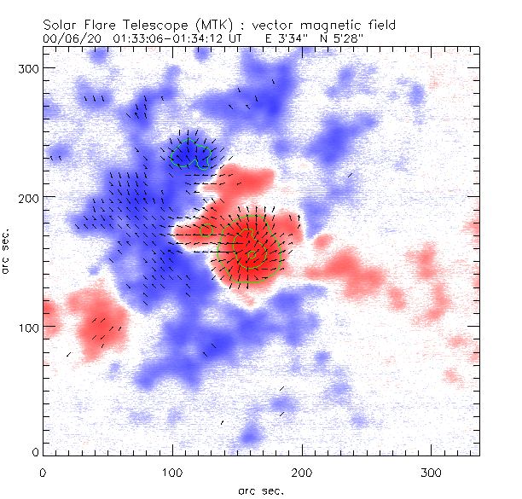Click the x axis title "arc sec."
[x=260, y=490]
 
